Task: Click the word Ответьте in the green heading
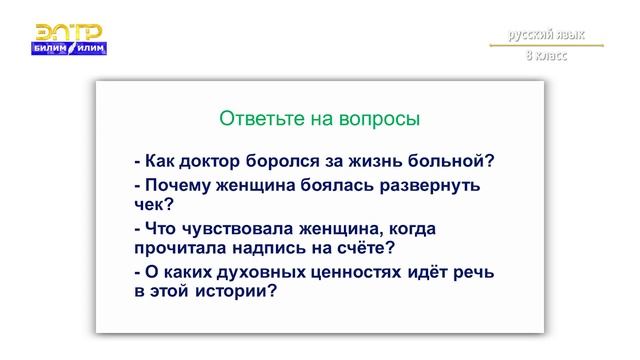(254, 119)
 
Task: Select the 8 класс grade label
(546, 56)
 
